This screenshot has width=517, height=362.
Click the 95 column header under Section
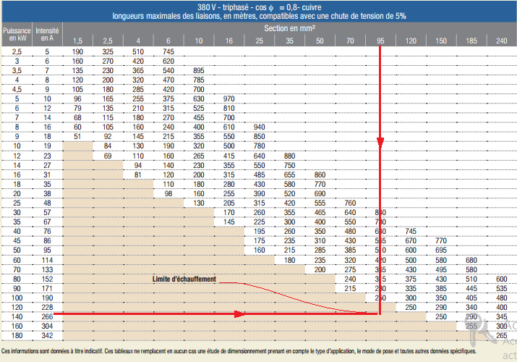click(x=380, y=40)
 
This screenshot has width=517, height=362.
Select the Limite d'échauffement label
click(x=185, y=279)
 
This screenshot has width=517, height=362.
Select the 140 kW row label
click(x=17, y=316)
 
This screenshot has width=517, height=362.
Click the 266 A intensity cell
click(x=47, y=316)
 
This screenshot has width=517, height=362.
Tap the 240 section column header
click(x=501, y=40)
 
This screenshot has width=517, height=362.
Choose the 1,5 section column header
click(x=77, y=40)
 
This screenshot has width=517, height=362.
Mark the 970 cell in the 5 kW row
click(x=229, y=98)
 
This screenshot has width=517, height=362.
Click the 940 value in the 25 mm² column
click(x=259, y=126)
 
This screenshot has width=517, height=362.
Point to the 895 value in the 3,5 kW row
click(x=199, y=70)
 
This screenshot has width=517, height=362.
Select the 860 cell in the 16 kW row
click(x=320, y=174)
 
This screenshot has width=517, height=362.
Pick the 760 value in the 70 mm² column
click(x=350, y=203)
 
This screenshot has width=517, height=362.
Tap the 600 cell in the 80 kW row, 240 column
click(x=501, y=279)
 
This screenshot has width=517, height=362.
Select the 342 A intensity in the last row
click(x=47, y=334)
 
